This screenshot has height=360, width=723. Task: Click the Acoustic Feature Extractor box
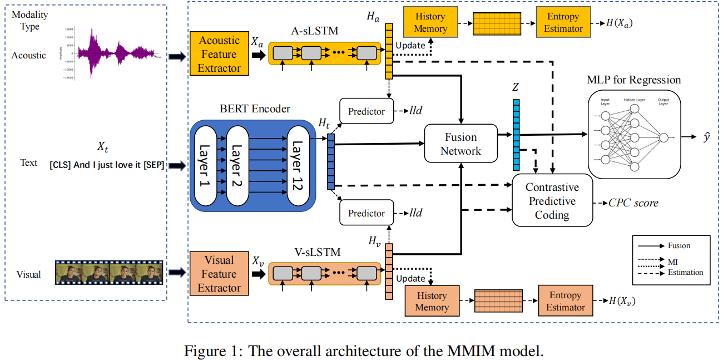click(x=219, y=54)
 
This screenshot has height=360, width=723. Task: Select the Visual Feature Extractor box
click(x=219, y=274)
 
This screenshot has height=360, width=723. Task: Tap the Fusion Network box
click(x=460, y=144)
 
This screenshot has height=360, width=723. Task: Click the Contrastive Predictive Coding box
click(x=552, y=201)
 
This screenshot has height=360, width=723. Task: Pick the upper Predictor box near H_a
click(x=366, y=111)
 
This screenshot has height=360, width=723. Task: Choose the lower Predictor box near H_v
click(x=366, y=213)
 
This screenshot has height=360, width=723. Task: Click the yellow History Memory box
click(x=430, y=23)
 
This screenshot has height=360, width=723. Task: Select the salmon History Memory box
click(x=432, y=301)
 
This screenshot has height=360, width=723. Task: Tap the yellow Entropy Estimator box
click(x=563, y=23)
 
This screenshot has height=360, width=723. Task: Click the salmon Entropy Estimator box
click(x=565, y=301)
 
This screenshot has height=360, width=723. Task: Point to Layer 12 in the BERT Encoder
click(x=297, y=166)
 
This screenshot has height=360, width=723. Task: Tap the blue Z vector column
click(x=516, y=134)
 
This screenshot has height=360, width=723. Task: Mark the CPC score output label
click(x=633, y=203)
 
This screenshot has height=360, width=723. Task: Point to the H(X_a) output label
click(x=620, y=23)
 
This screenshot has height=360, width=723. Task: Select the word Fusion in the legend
click(x=680, y=245)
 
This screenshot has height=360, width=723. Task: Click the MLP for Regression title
click(x=633, y=80)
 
